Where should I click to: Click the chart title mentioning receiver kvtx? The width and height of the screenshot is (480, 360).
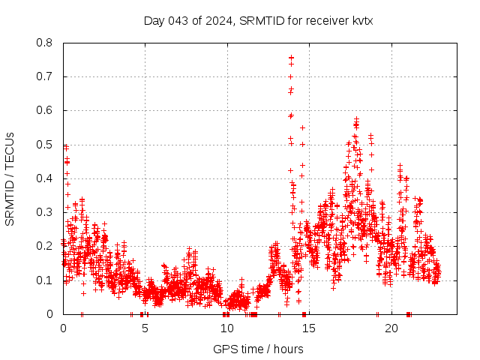[x=258, y=20]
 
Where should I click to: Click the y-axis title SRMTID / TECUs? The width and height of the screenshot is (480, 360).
[x=10, y=179]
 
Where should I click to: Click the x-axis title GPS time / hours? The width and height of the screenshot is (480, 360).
[x=258, y=349]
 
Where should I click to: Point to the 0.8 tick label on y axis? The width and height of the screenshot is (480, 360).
[x=46, y=43]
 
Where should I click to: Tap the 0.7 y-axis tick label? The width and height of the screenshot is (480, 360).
[x=46, y=76]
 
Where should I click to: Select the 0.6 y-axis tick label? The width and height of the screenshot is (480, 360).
[x=46, y=111]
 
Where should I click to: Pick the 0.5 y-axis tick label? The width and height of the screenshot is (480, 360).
[x=46, y=145]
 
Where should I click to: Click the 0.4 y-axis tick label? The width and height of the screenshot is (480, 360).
[x=46, y=178]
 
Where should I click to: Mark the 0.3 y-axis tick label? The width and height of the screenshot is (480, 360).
[x=46, y=212]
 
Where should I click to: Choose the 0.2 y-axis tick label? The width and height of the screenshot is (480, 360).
[x=46, y=247]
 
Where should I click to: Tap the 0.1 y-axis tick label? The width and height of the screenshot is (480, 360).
[x=46, y=280]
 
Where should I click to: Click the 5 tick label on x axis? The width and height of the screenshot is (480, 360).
[x=145, y=328]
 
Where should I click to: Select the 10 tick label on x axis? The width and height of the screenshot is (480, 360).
[x=226, y=328]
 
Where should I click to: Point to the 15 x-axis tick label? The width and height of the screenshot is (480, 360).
[x=309, y=328]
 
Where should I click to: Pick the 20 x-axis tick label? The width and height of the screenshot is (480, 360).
[x=391, y=328]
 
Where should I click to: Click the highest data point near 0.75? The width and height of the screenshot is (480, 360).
[x=291, y=58]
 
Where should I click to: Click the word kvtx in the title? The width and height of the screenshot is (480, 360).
[x=361, y=20]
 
